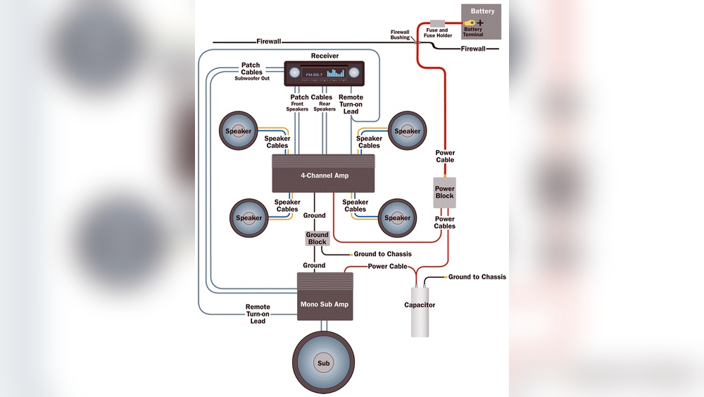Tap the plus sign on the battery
(480, 23)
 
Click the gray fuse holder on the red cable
(437, 23)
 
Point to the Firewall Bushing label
(400, 35)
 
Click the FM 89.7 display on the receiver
(314, 74)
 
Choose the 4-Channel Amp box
(323, 174)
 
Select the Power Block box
(444, 193)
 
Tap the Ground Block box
(317, 238)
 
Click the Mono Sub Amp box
(323, 304)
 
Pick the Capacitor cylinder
(420, 311)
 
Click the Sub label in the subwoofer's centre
(323, 364)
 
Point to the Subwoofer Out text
(252, 78)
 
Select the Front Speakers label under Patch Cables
(297, 106)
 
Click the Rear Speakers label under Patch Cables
(325, 106)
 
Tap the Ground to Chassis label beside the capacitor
(477, 277)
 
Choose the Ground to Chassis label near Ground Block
(382, 254)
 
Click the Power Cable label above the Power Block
(445, 156)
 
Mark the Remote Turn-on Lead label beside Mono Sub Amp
(258, 314)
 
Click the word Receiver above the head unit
(325, 56)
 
